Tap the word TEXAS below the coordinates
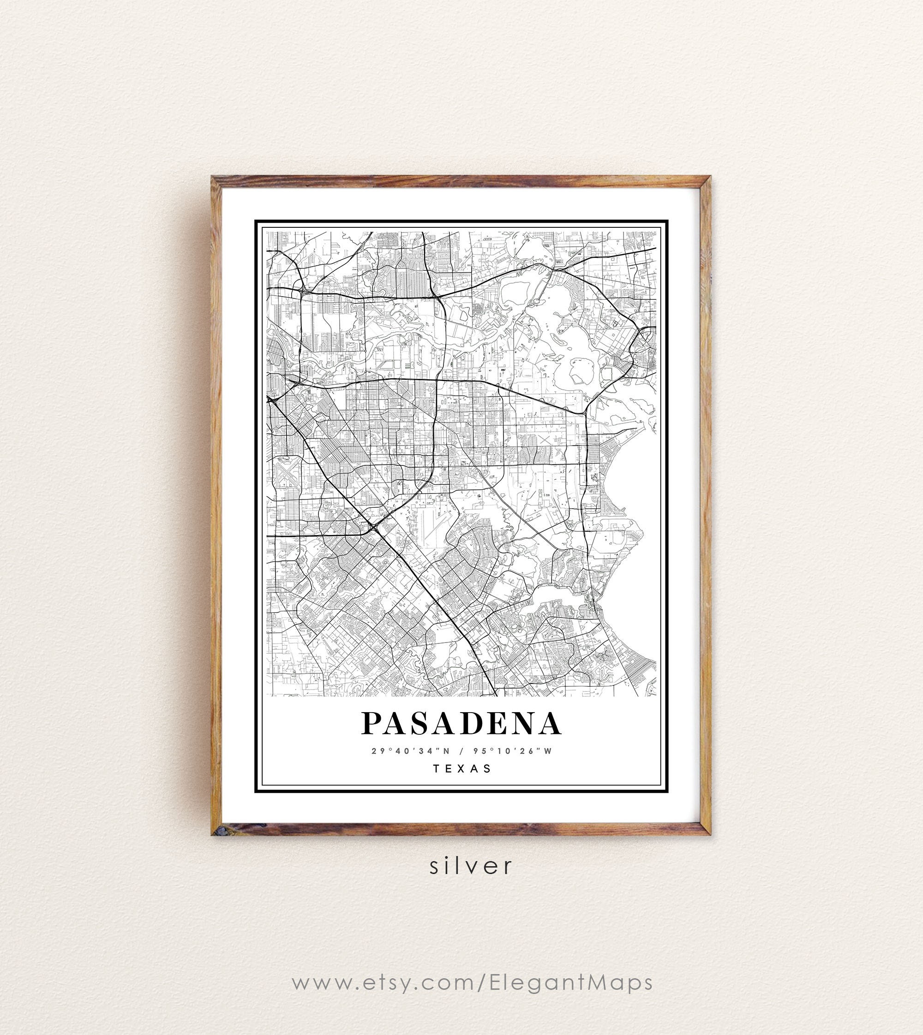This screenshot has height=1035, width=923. [x=462, y=768]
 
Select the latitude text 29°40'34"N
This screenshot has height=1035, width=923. [x=410, y=751]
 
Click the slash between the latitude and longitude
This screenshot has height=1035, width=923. [x=461, y=751]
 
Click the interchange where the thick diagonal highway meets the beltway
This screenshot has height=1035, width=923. [x=374, y=528]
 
